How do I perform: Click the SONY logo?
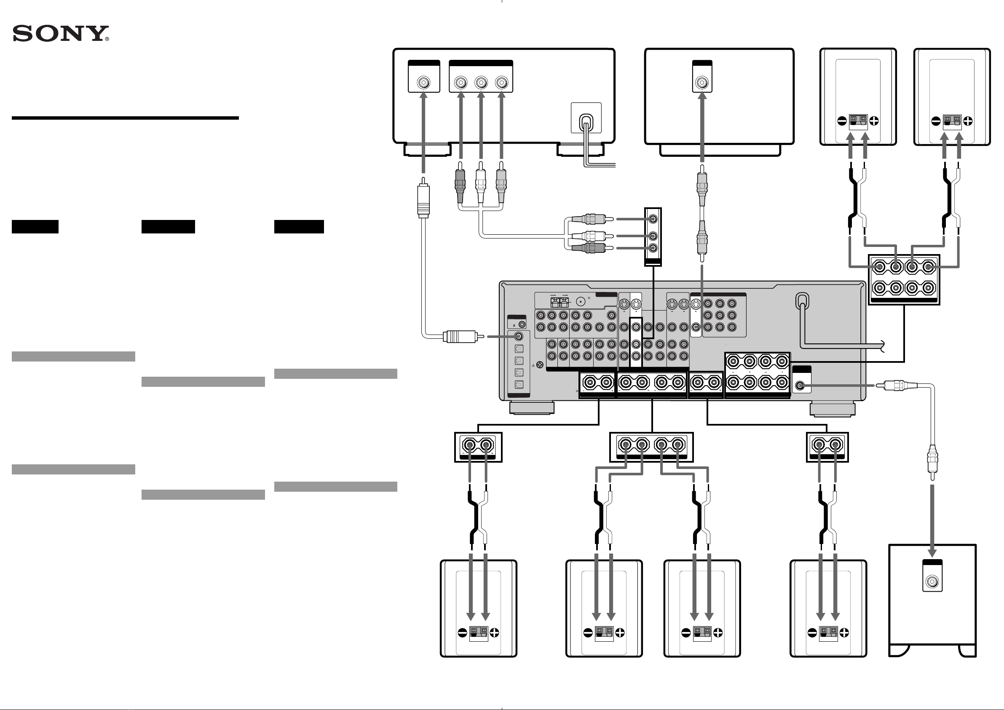[x=61, y=34]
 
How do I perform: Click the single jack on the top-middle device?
[x=702, y=82]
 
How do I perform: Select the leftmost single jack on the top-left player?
[x=423, y=82]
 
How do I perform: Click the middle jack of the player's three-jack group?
[x=481, y=82]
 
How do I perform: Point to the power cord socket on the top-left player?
[x=586, y=118]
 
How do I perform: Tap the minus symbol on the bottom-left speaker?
[x=462, y=632]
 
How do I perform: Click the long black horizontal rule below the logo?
[x=125, y=118]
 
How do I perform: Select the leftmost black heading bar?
[x=35, y=227]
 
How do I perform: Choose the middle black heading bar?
[x=169, y=227]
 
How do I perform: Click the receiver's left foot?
[x=532, y=408]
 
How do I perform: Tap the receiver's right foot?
[x=833, y=410]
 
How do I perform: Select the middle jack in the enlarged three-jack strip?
[x=653, y=236]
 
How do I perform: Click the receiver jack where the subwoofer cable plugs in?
[x=800, y=386]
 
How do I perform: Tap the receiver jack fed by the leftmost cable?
[x=519, y=336]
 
